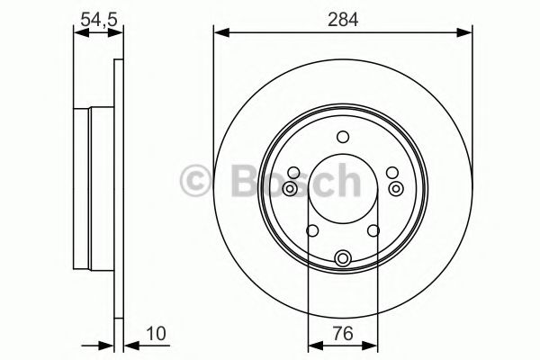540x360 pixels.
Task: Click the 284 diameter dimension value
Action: [343, 17]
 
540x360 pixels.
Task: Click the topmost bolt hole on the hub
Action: [342, 137]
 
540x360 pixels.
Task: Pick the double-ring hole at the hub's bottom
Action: [342, 259]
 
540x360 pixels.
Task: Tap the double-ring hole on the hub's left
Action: [289, 189]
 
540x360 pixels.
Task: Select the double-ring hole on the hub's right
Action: [396, 189]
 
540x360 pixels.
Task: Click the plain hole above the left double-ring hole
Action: [293, 173]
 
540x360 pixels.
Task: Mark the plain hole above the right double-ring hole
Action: [391, 173]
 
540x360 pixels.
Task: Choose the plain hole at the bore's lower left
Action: [311, 231]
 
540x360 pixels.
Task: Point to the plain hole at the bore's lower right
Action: [373, 231]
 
